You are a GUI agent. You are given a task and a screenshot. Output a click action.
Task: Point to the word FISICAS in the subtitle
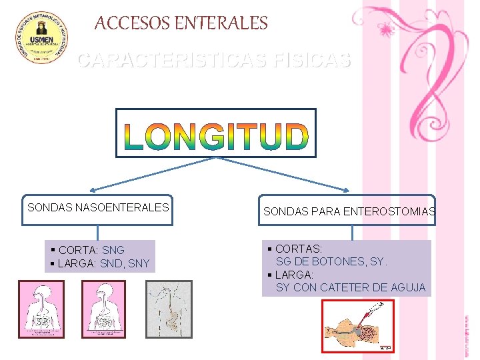pyautogui.click(x=311, y=61)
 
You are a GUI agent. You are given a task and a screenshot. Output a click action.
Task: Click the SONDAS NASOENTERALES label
pyautogui.click(x=98, y=207)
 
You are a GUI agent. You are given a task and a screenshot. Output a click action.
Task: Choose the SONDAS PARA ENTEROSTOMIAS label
pyautogui.click(x=349, y=211)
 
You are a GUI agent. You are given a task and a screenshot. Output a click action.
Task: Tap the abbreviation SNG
pyautogui.click(x=113, y=250)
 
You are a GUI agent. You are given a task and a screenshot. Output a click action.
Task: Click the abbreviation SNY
pyautogui.click(x=139, y=263)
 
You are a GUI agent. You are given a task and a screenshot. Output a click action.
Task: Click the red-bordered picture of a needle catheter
pyautogui.click(x=358, y=326)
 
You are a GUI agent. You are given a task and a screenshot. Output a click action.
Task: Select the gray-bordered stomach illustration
pyautogui.click(x=169, y=309)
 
